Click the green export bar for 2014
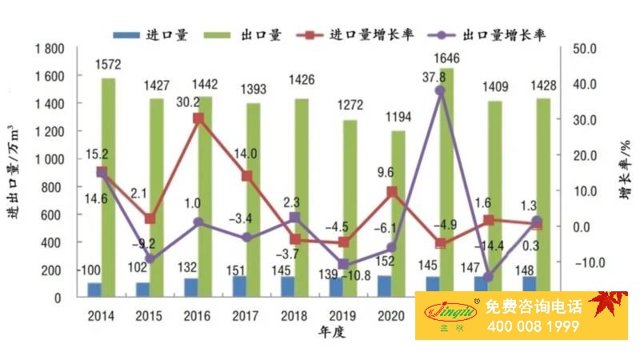(x=108, y=187)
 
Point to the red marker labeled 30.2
(x=198, y=118)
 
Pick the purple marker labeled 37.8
(x=440, y=91)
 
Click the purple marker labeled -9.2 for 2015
(x=149, y=258)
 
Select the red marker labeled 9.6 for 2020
(x=391, y=192)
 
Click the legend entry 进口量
(x=152, y=35)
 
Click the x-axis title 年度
(x=330, y=332)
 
